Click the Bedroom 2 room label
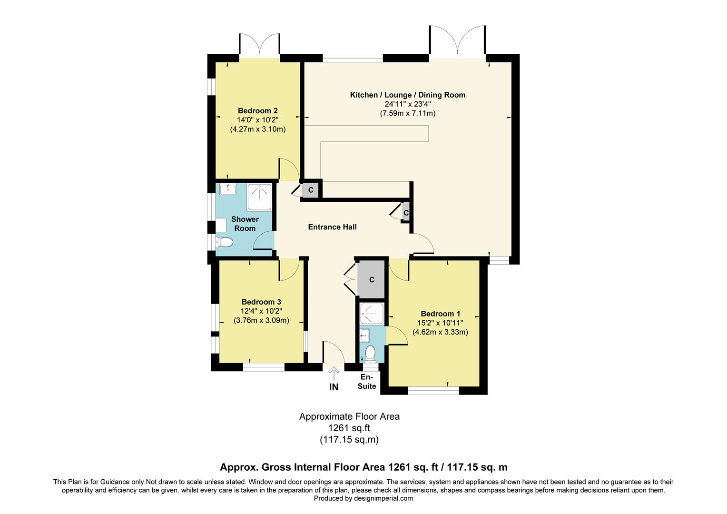coord(257,111)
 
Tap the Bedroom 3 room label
coord(261,302)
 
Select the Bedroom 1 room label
coord(440,314)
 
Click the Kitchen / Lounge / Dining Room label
coord(407,95)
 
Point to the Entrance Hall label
coord(332,227)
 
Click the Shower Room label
coord(245,224)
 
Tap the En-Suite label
coord(367,382)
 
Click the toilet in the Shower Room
coord(224,242)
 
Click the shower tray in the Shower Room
coord(259,197)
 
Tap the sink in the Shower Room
coord(228,189)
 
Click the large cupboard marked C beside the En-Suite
coord(372,280)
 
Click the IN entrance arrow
coord(334,373)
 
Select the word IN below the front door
coord(334,387)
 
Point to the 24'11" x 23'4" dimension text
coord(407,104)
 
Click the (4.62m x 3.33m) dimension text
coord(440,332)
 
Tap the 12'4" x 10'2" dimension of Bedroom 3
coord(261,311)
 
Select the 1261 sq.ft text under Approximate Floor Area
coord(349,428)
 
